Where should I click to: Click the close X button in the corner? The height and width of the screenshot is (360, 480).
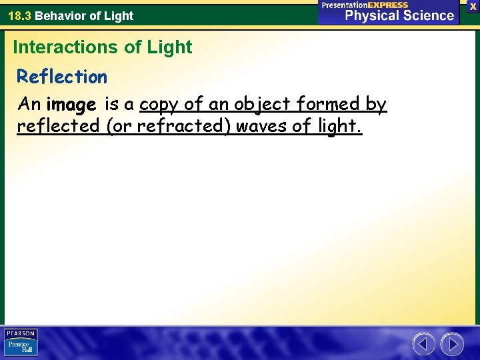point(473,6)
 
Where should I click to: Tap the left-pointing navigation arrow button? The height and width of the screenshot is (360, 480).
point(423,344)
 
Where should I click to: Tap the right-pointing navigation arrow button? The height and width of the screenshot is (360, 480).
point(452,344)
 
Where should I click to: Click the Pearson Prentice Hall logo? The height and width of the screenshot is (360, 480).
point(21,343)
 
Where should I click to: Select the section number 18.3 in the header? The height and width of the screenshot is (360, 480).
point(19,15)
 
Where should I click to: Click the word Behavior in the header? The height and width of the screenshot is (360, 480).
point(63,15)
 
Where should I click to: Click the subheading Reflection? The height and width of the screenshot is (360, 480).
point(62,77)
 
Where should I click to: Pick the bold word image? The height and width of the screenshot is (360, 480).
point(72,105)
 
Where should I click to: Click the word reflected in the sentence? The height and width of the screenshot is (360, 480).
point(58,126)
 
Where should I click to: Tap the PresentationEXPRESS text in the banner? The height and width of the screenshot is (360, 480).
point(365,5)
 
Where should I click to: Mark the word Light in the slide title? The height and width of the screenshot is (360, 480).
point(172,47)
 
